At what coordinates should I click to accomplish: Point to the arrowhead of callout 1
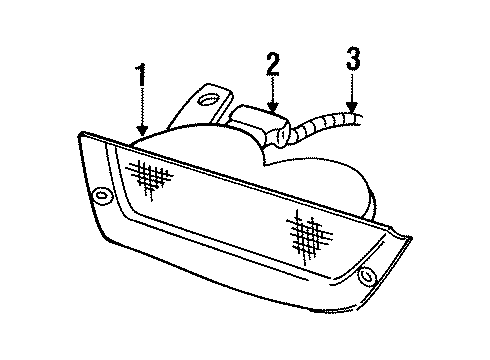(x=141, y=134)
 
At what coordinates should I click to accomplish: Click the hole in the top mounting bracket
(x=208, y=99)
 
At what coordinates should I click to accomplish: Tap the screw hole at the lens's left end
(x=103, y=194)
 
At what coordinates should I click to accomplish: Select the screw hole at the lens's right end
(x=365, y=274)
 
